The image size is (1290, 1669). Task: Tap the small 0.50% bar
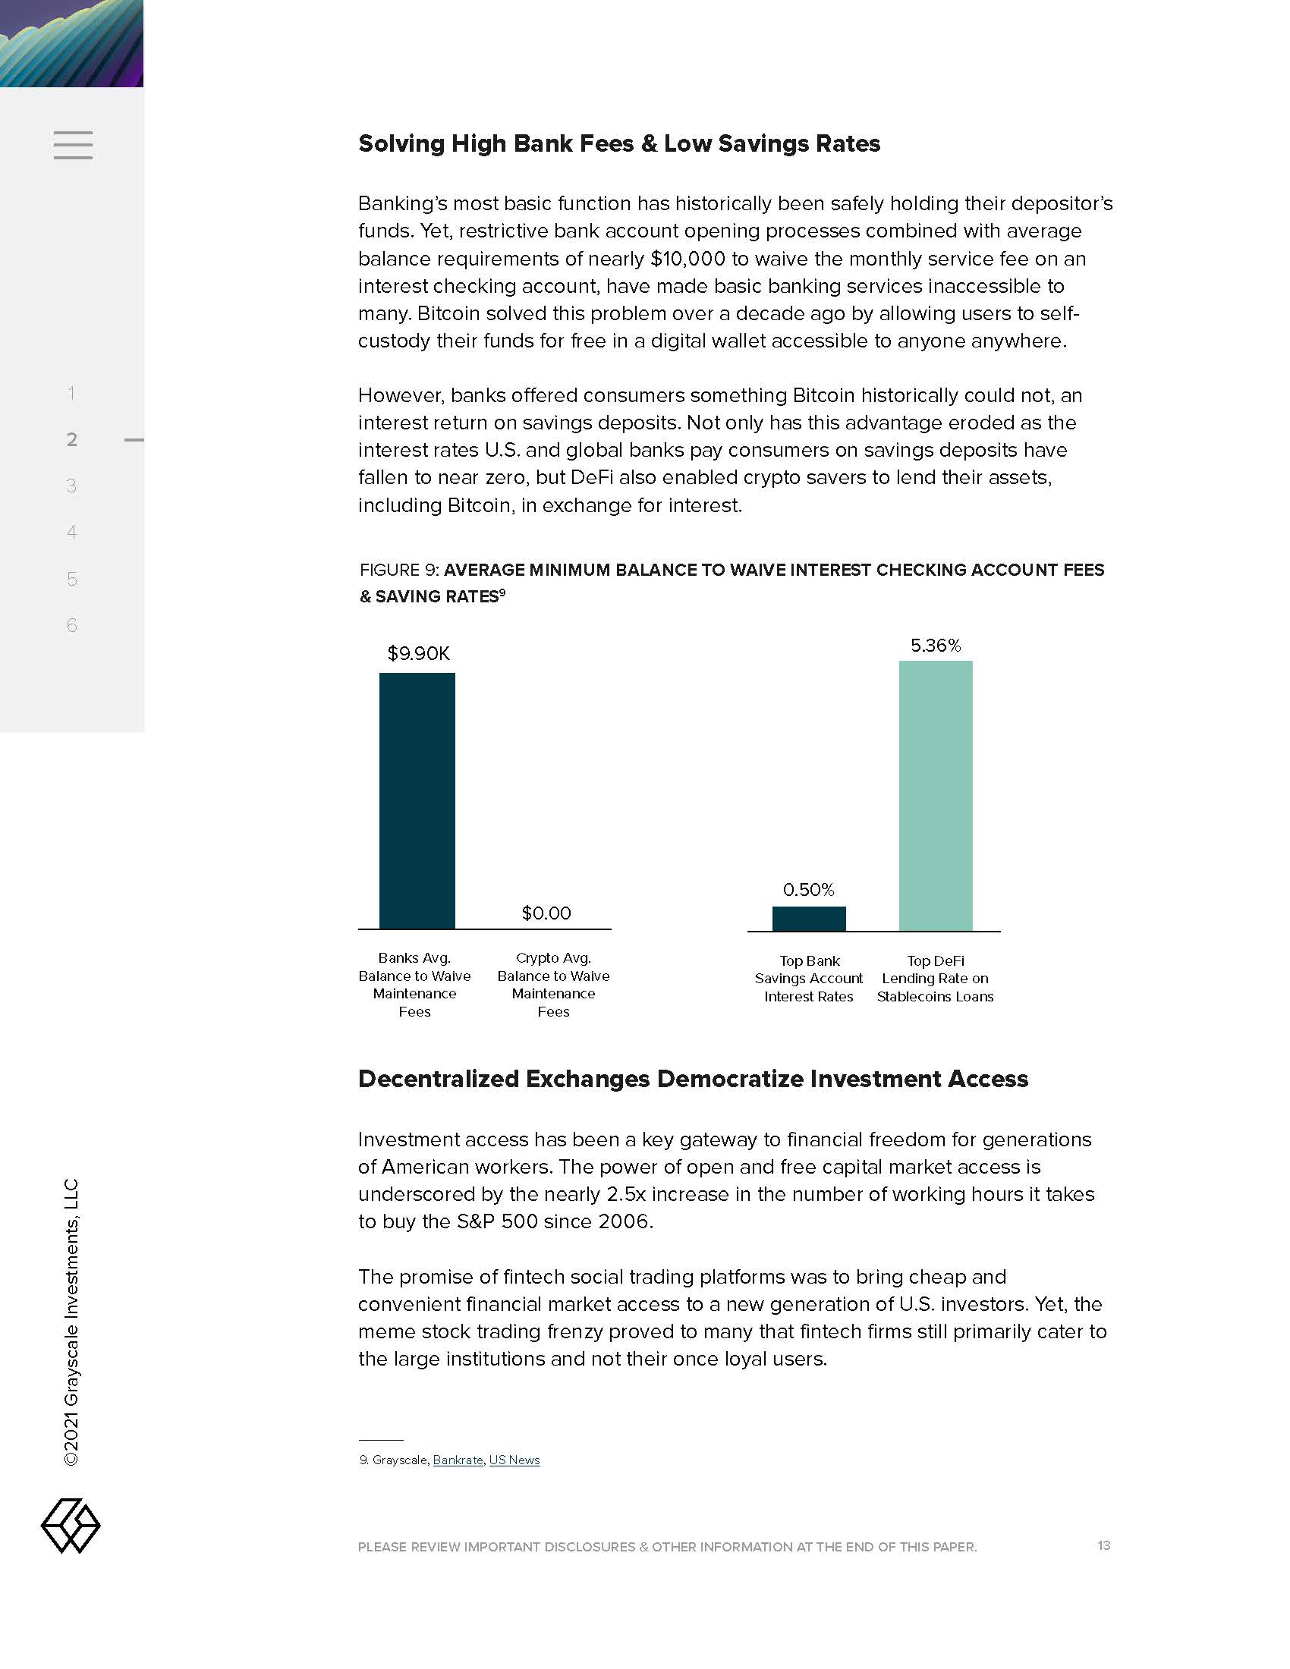pos(809,919)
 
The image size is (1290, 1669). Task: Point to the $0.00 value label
pos(546,913)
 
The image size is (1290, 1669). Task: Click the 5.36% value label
pos(936,646)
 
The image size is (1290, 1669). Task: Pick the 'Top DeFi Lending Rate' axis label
pos(936,978)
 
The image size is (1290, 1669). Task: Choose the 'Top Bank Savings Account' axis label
pos(809,978)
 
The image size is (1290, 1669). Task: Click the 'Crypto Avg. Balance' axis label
pos(553,984)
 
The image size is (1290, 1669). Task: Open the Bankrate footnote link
pos(458,1460)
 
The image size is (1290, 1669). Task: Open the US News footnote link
pos(514,1460)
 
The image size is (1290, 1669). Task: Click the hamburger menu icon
pos(74,145)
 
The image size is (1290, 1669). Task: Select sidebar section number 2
pos(72,439)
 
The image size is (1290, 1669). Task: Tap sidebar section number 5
pos(72,579)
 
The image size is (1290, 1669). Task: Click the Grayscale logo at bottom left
pos(71,1526)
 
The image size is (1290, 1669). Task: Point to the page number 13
pos(1103,1545)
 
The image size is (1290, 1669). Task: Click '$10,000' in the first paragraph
pos(687,258)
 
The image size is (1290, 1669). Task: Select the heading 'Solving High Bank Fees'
pos(619,143)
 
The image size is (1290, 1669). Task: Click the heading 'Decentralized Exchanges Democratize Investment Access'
pos(692,1078)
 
